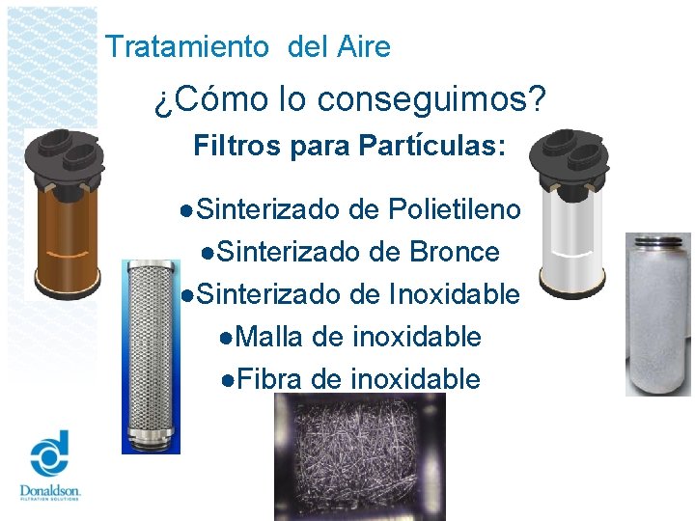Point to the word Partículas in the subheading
(430, 148)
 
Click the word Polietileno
(454, 209)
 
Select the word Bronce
(455, 252)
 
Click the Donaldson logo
(50, 468)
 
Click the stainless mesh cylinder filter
(153, 352)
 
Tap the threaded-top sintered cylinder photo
(658, 314)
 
